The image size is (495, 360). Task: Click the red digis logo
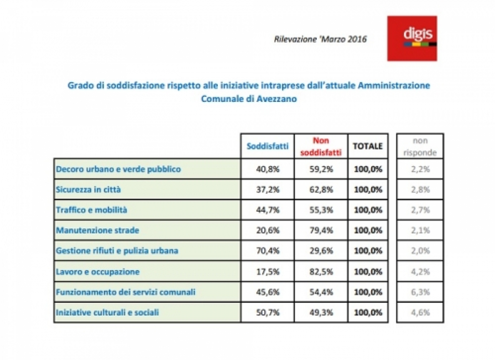coord(412,38)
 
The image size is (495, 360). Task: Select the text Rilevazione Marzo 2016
coord(320,39)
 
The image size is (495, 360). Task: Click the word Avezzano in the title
coord(277,99)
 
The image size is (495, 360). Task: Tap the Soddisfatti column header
coord(268,146)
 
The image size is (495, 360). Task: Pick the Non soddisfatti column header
coord(321,146)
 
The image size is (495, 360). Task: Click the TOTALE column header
coord(368,146)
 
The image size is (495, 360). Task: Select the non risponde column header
coord(420,146)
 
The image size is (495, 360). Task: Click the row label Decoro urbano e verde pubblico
coord(118,169)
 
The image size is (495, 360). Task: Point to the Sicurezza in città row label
coord(88,190)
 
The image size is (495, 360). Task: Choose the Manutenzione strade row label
coord(97,230)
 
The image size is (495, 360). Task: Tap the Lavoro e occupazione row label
coord(98,272)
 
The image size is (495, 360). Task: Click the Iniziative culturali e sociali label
coord(107,313)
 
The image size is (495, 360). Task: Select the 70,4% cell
coord(268,251)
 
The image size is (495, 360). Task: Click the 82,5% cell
coord(321,272)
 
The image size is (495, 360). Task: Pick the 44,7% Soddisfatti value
coord(268,210)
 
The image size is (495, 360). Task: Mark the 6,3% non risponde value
coord(420,292)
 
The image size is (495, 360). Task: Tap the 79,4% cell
coord(321,230)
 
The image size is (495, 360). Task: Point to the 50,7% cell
coord(268,313)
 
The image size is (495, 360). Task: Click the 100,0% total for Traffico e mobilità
coord(368,210)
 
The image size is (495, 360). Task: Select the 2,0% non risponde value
coord(420,251)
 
